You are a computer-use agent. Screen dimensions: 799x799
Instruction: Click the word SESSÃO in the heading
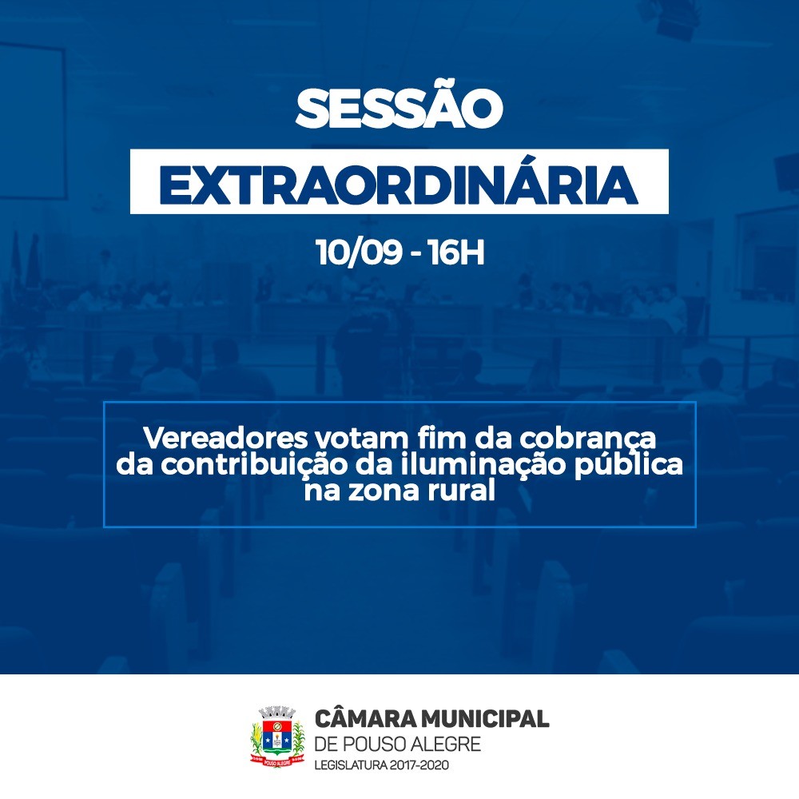[x=399, y=109]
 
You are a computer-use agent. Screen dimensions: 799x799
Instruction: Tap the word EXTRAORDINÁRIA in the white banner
[x=399, y=185]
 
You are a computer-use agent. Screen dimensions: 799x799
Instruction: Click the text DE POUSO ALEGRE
[x=398, y=745]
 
